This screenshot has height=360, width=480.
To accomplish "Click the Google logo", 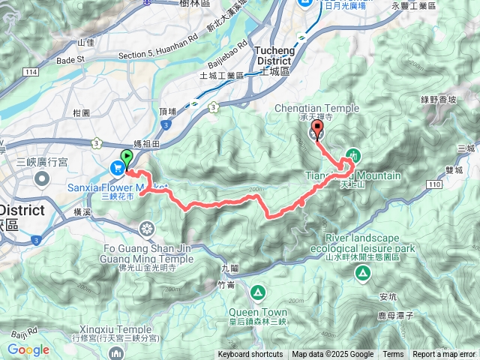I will tap(28, 349).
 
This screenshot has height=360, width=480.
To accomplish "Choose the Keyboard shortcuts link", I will tap(250, 355).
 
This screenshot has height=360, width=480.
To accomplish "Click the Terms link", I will tap(393, 355).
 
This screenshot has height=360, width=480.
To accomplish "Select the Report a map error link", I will tap(445, 355).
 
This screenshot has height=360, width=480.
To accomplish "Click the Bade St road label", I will tap(72, 59).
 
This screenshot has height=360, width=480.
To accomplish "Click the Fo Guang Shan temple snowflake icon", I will tap(148, 228).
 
